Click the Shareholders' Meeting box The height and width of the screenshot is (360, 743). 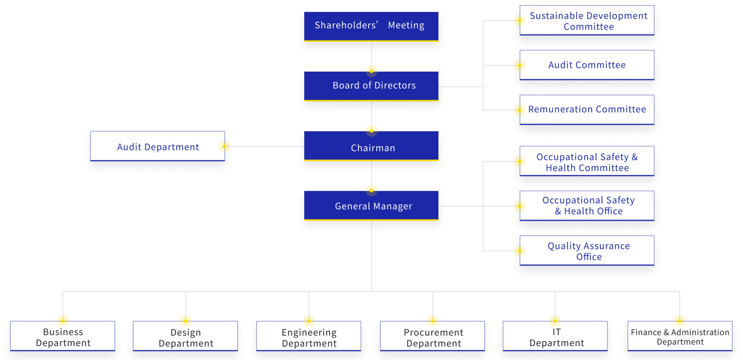pos(371,26)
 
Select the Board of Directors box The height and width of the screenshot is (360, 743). pos(371,86)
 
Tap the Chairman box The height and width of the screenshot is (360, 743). pos(371,147)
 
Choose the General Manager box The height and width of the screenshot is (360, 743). pos(371,206)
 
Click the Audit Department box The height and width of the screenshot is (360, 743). pos(158,147)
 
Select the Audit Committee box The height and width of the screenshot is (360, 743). pos(587,65)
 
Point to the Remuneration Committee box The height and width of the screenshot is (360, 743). pos(587,110)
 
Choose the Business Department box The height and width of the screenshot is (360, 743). pos(63,337)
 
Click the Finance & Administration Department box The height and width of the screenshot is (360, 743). pos(680,336)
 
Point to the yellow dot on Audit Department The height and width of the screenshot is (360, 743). pos(226,146)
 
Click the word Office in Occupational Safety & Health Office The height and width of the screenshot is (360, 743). pos(609,211)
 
